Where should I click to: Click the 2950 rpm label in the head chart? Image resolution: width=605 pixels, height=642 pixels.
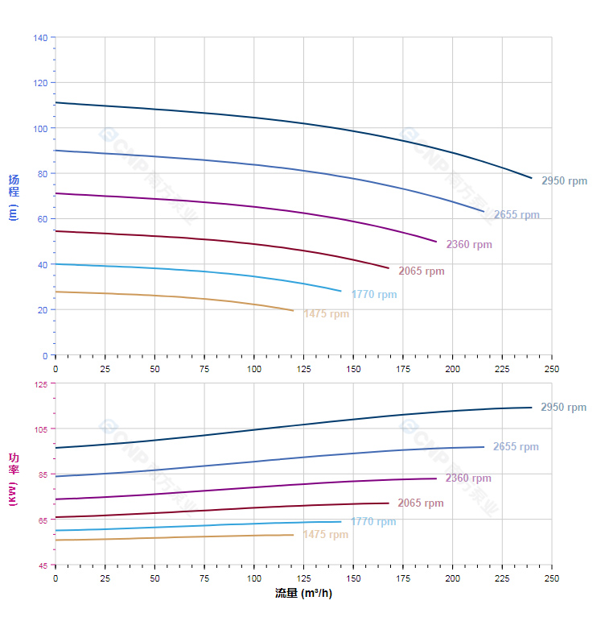[564, 181]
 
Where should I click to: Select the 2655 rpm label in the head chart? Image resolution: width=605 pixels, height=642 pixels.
[517, 215]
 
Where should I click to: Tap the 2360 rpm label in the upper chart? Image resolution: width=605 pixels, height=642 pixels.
[469, 245]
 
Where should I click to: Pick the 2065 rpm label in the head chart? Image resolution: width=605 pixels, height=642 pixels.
[422, 271]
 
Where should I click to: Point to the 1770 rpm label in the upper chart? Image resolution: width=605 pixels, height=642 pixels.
[374, 295]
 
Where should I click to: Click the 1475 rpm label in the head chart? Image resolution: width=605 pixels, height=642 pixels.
[327, 314]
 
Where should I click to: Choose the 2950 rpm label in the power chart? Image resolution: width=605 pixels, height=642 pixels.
[564, 408]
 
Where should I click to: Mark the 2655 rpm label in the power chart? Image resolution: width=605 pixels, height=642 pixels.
[516, 447]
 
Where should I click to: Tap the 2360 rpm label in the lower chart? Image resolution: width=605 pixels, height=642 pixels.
[468, 478]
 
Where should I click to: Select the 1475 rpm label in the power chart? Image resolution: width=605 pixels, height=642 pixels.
[326, 535]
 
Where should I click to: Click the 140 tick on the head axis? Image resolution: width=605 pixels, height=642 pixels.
[40, 38]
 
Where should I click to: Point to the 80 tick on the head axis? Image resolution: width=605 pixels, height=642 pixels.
[43, 174]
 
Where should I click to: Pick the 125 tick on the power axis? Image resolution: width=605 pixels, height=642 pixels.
[40, 384]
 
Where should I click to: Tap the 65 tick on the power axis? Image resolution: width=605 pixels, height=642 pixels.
[43, 520]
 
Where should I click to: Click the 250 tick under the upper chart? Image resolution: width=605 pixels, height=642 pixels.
[552, 369]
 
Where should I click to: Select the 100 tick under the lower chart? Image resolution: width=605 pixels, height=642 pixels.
[254, 578]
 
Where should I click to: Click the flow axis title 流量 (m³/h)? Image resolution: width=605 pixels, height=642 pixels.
[303, 594]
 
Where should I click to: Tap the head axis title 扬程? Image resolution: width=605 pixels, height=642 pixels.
[14, 186]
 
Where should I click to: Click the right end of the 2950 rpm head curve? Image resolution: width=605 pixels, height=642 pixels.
[532, 178]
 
